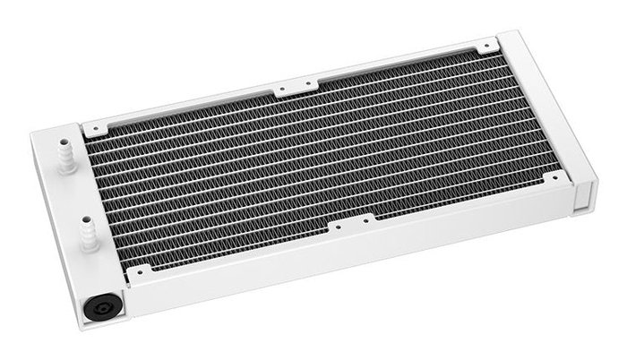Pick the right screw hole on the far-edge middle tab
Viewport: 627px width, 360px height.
tap(310, 82)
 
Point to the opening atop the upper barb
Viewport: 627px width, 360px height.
tap(64, 141)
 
